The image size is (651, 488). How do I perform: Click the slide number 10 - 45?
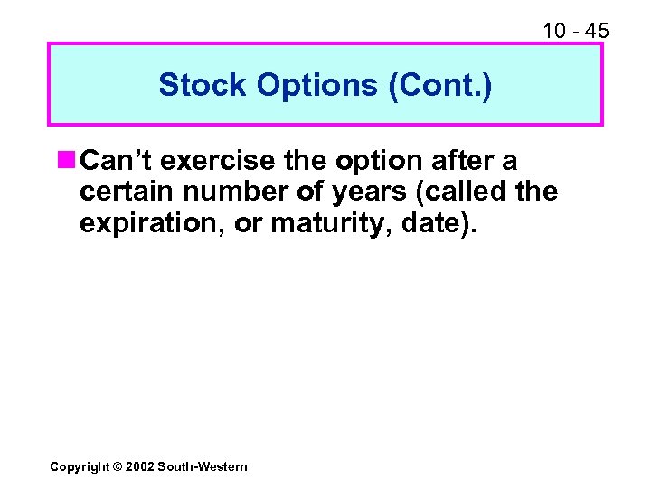[575, 32]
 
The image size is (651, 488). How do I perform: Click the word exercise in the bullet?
[215, 162]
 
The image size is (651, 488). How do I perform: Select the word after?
[461, 162]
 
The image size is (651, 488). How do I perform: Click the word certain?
[122, 192]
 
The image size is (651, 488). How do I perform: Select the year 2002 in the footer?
[141, 466]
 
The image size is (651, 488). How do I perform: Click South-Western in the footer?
[202, 466]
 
